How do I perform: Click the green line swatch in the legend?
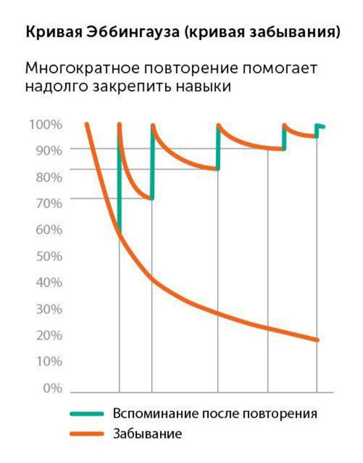click(87, 414)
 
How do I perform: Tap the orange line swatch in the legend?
click(87, 433)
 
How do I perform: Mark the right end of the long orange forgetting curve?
click(316, 340)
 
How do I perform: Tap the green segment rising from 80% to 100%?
click(218, 147)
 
